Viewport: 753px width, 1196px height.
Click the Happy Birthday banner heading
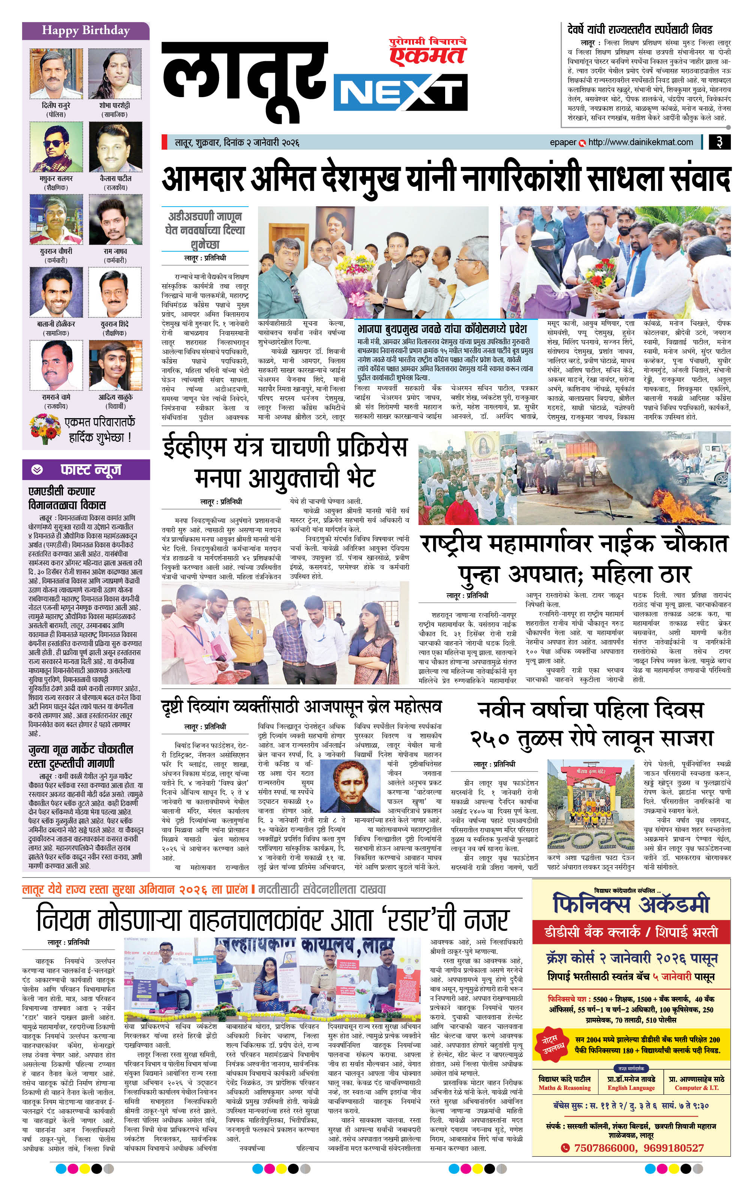pyautogui.click(x=85, y=30)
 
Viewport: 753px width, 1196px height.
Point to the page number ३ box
pyautogui.click(x=719, y=143)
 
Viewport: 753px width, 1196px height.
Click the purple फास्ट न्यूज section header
pyautogui.click(x=85, y=469)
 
